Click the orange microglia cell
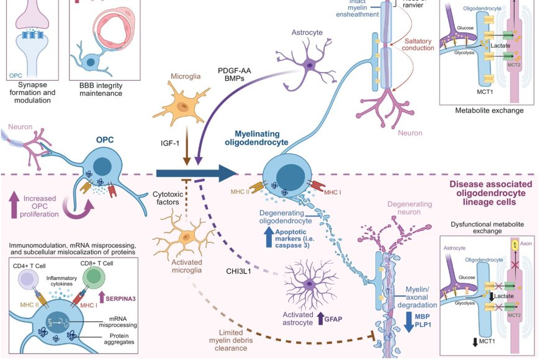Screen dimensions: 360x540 tap(182, 107)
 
